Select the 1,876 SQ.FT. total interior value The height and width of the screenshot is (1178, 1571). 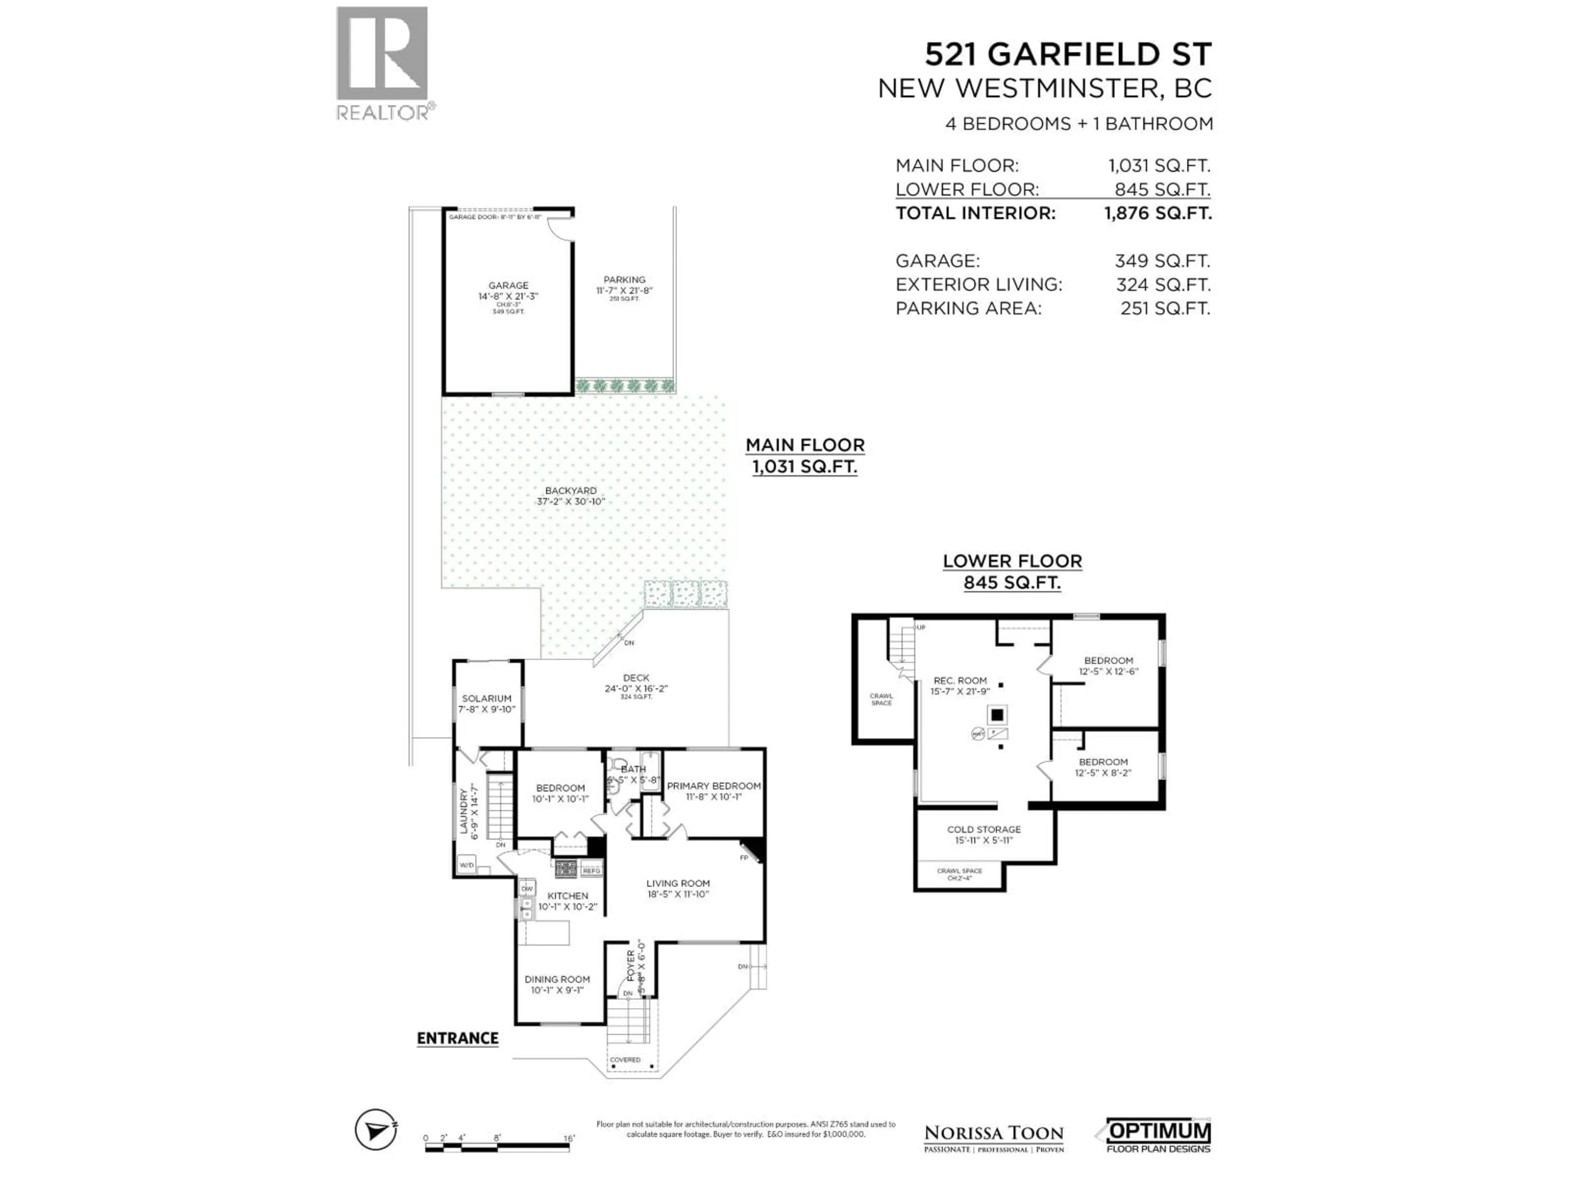[1158, 213]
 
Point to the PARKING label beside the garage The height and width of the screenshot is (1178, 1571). [624, 280]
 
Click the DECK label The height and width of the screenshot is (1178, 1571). [636, 678]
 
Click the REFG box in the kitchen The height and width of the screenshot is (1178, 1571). [591, 870]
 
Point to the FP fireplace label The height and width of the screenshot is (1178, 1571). [744, 858]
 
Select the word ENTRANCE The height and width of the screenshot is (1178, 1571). [457, 1038]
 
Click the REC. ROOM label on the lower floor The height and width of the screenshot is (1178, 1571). [960, 680]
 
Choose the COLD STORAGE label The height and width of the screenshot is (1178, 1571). [984, 830]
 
